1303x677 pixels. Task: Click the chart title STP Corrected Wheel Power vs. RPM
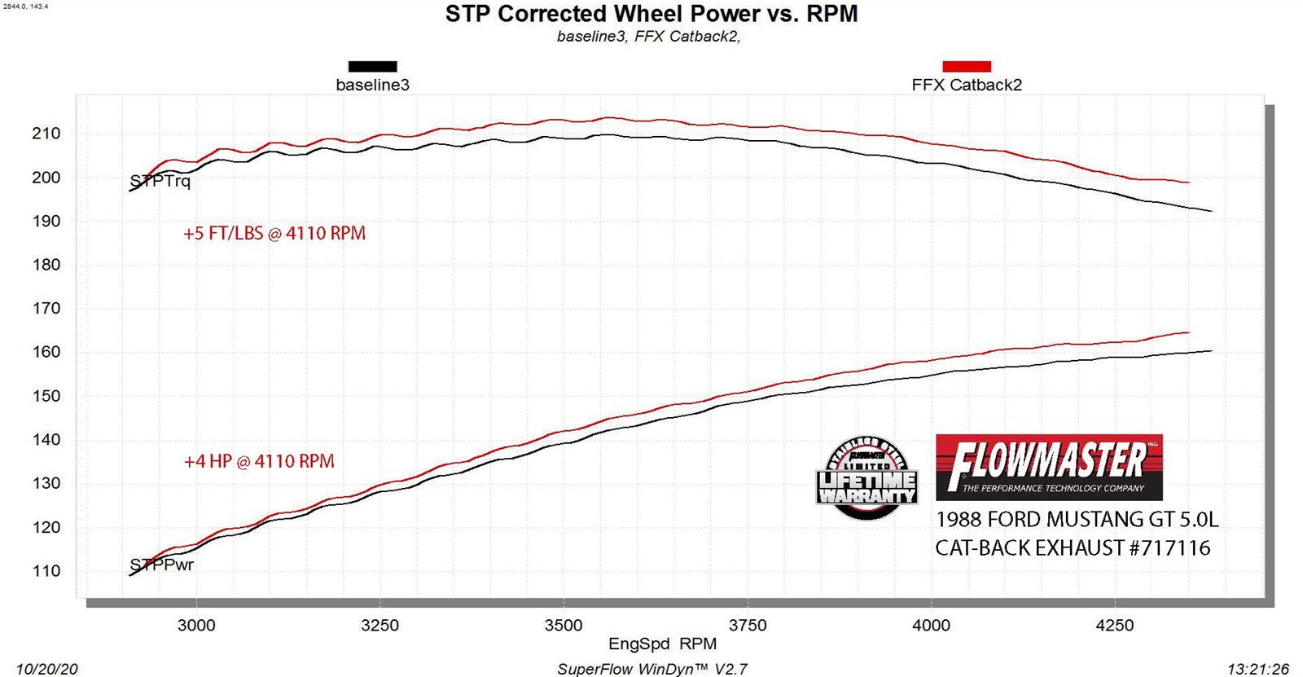click(651, 14)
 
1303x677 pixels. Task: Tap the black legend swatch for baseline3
click(372, 67)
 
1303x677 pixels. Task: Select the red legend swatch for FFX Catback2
click(967, 67)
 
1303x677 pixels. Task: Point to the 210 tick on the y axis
click(46, 134)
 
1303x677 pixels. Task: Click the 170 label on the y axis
click(46, 308)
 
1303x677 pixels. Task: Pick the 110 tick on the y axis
click(46, 570)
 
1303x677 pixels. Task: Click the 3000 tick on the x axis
click(196, 625)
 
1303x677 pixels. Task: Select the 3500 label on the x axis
click(564, 625)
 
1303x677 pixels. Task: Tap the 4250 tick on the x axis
click(1115, 625)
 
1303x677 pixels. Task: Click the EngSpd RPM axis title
click(662, 644)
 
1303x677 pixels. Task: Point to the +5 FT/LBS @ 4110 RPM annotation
click(274, 234)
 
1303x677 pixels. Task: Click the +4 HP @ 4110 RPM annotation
click(259, 461)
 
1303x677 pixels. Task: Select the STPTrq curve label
click(160, 181)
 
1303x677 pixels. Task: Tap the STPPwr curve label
click(162, 565)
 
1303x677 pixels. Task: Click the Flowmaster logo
click(1049, 467)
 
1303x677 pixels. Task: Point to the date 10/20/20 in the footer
click(46, 669)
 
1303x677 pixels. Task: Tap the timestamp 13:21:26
click(1258, 669)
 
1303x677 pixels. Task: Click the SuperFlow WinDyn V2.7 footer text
click(651, 669)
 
